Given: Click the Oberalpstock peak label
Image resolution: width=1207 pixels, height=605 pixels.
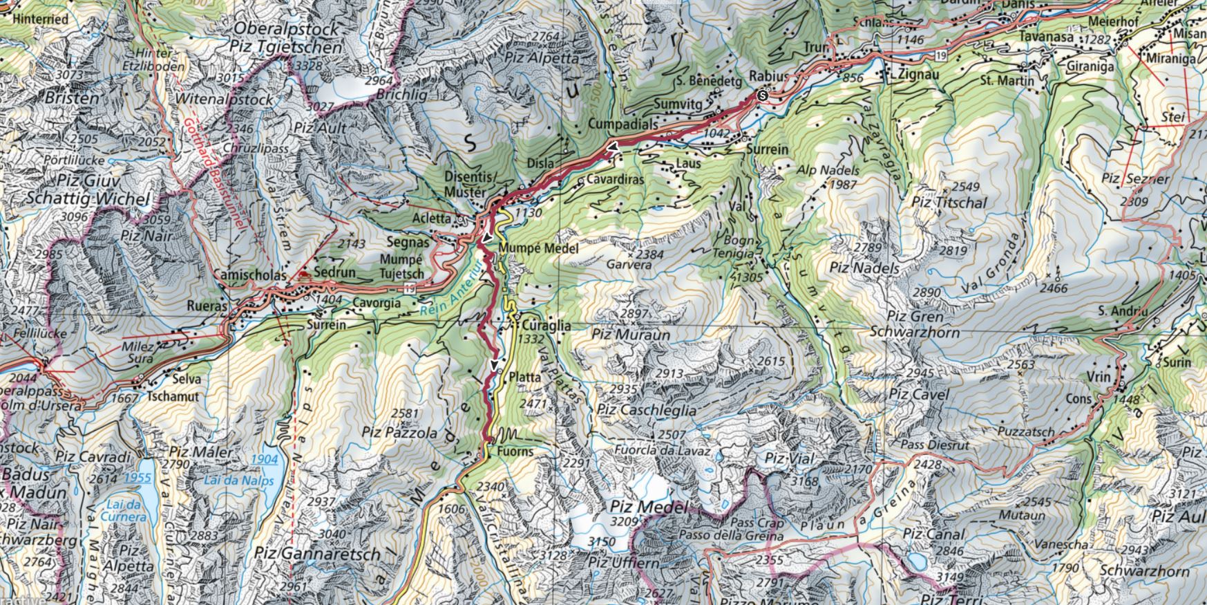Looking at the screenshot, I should pyautogui.click(x=288, y=29).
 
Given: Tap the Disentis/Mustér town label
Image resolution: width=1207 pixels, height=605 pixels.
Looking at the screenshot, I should pyautogui.click(x=470, y=183).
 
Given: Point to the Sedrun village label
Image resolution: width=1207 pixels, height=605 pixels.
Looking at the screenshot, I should pyautogui.click(x=334, y=272).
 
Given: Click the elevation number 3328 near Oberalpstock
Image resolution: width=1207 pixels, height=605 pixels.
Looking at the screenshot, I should pyautogui.click(x=308, y=66).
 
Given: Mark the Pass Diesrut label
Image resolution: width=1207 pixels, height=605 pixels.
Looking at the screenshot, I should pyautogui.click(x=935, y=444).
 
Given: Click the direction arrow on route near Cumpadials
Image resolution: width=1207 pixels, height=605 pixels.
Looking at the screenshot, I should pyautogui.click(x=612, y=147).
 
